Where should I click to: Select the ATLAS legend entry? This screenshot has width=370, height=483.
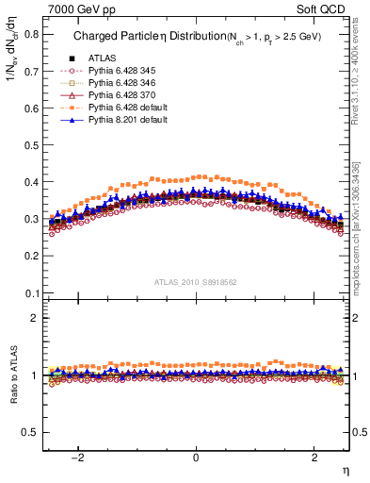click(x=102, y=59)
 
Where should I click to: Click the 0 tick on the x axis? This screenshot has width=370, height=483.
click(x=196, y=458)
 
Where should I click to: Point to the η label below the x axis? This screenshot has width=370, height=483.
click(x=345, y=470)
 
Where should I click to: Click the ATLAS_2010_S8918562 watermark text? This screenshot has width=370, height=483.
click(x=195, y=282)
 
